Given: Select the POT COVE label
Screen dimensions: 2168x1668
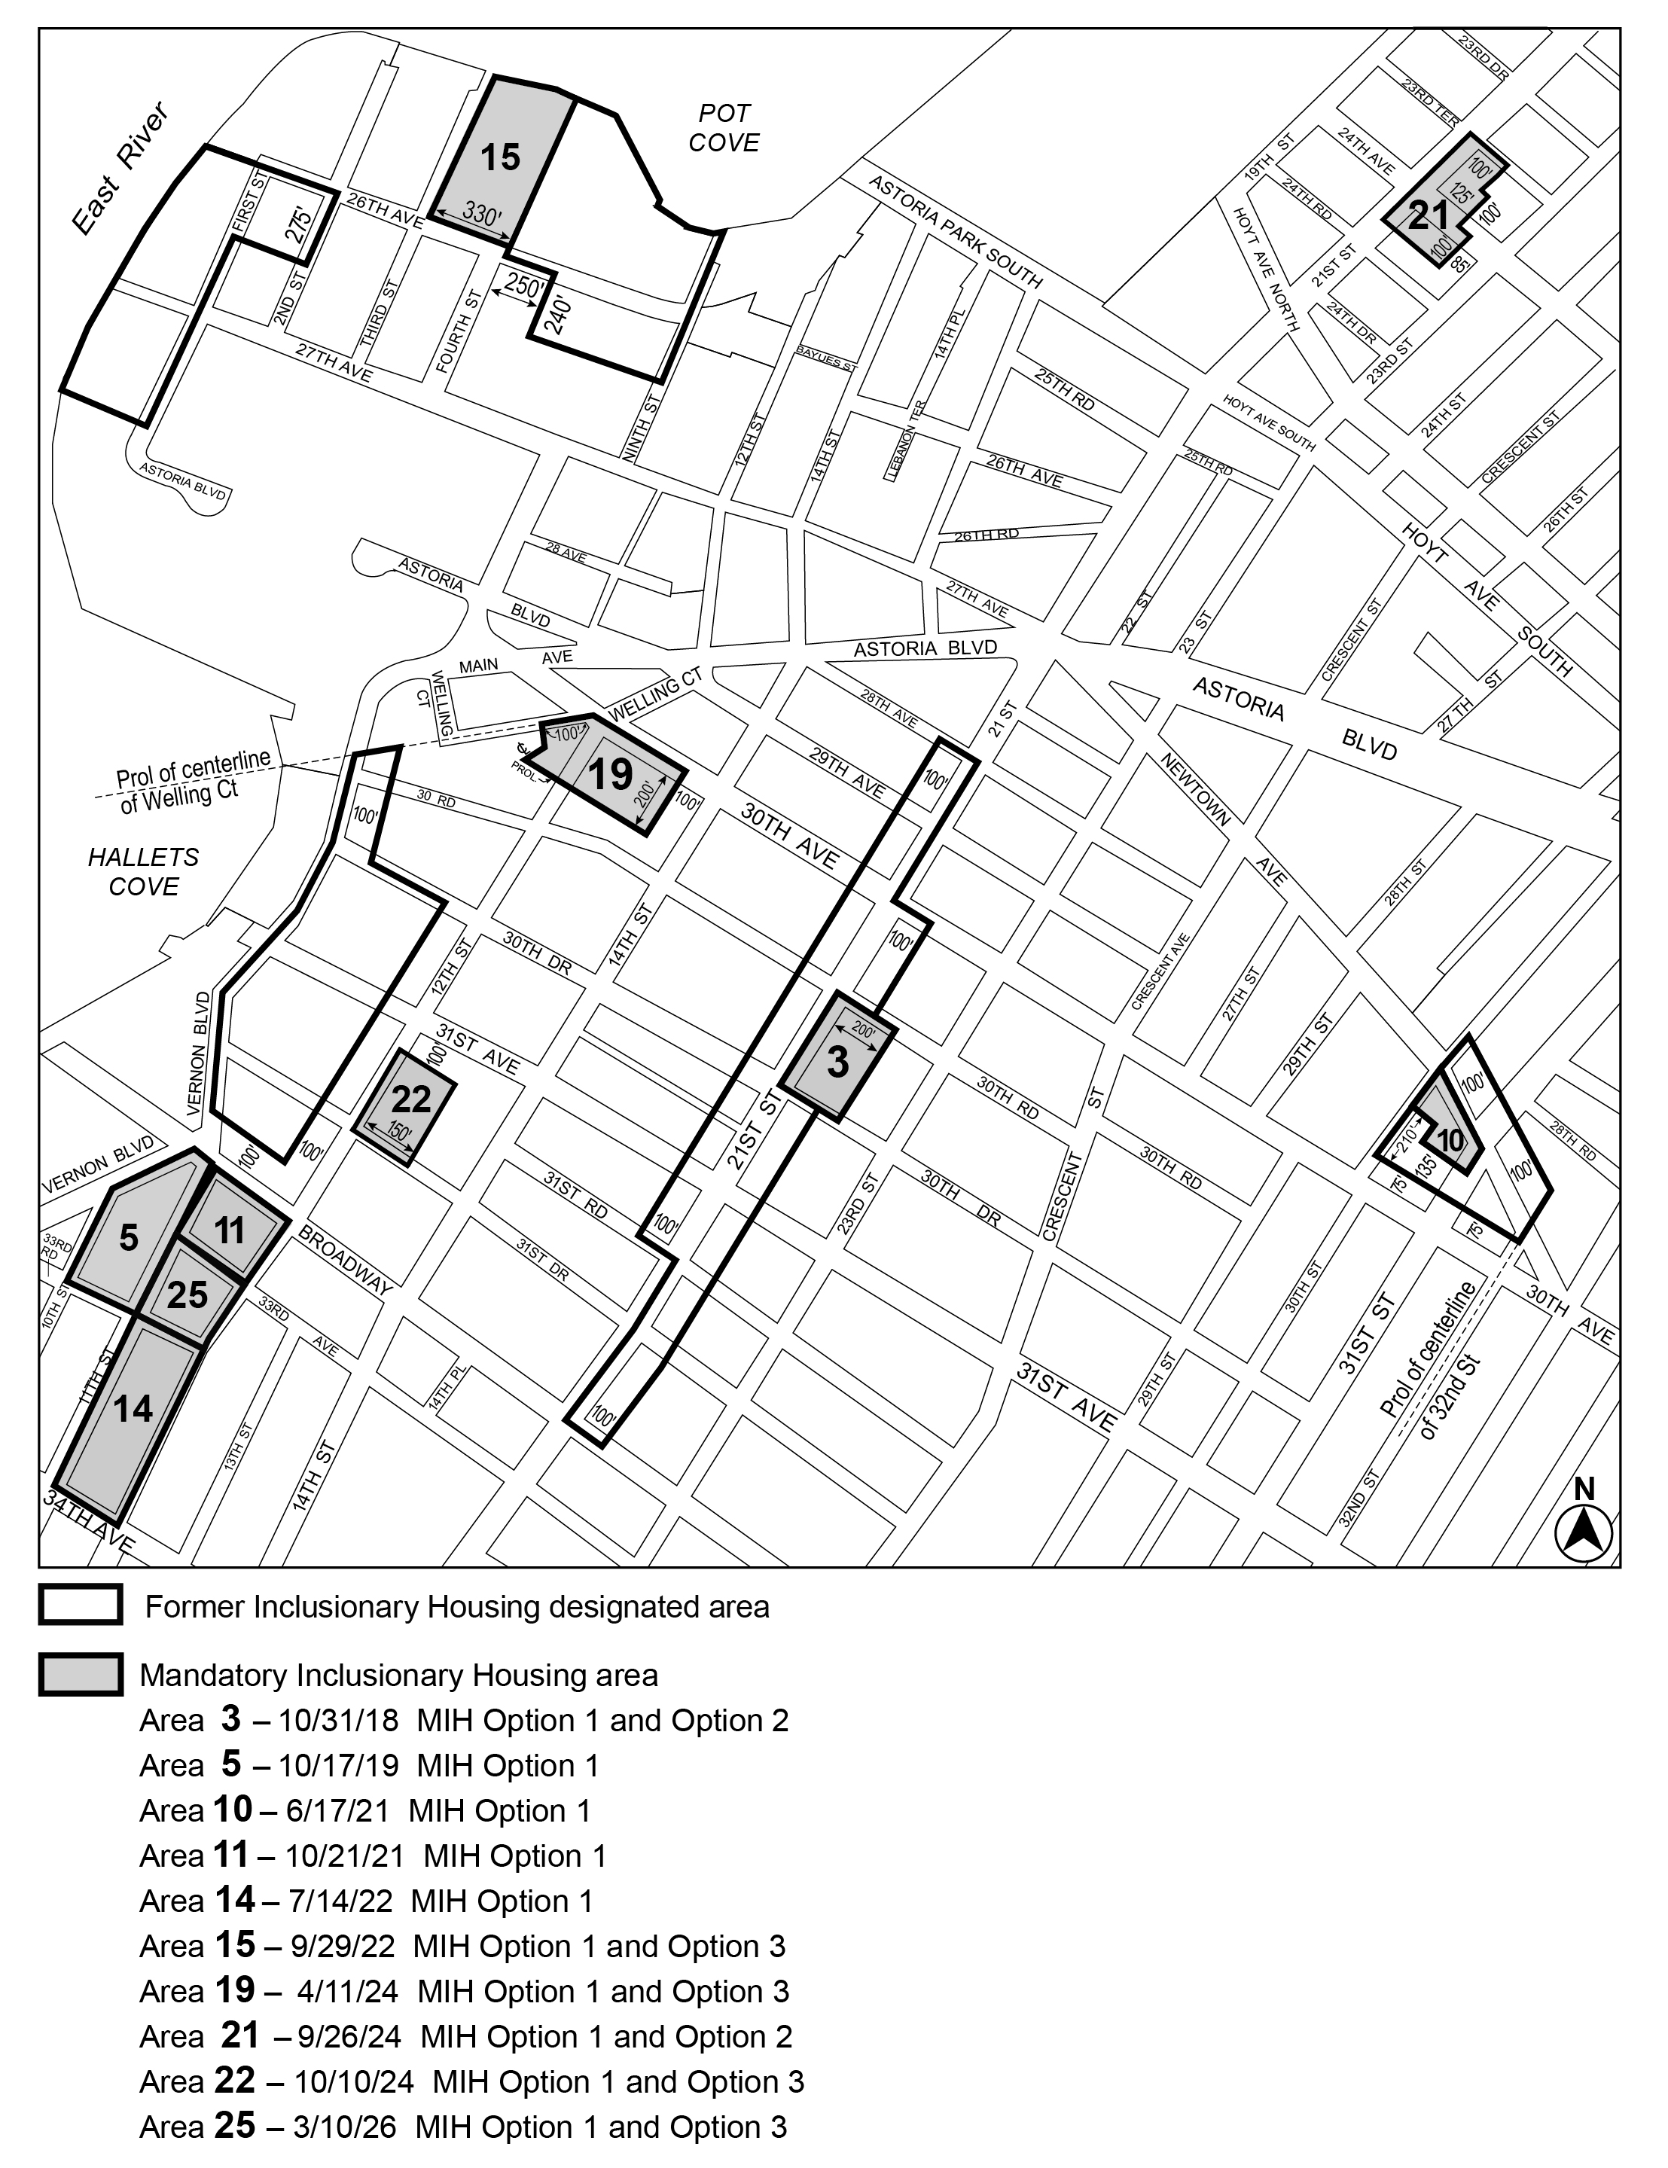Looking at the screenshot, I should point(724,128).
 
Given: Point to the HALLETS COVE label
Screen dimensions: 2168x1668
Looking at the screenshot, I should point(144,871).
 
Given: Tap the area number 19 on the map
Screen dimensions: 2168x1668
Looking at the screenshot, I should point(611,774).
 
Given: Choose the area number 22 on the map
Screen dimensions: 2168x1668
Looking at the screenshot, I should point(411,1098).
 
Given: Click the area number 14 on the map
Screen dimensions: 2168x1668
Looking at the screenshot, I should point(133,1407).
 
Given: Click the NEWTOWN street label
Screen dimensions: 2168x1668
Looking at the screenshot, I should point(1197,789).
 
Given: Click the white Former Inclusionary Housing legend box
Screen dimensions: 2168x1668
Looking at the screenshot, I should point(81,1605).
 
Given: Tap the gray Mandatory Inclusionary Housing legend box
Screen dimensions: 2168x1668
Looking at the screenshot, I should point(81,1675).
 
